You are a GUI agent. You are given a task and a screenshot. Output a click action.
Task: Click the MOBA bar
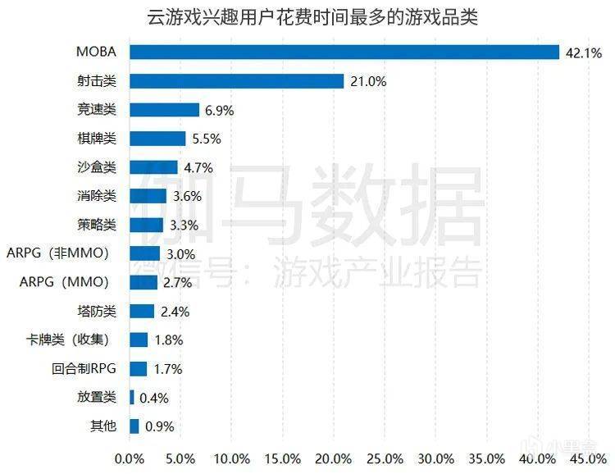pyautogui.click(x=344, y=52)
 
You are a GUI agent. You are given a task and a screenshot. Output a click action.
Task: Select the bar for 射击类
pyautogui.click(x=236, y=81)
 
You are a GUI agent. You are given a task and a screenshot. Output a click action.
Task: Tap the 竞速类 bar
pyautogui.click(x=164, y=110)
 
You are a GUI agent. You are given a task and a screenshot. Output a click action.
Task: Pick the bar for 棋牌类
pyautogui.click(x=157, y=139)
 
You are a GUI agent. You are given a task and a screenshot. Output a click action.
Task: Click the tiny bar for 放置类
pyautogui.click(x=132, y=398)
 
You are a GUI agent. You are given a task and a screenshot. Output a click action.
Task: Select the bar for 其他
pyautogui.click(x=134, y=426)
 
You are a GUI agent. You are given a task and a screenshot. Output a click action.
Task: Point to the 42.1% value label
pyautogui.click(x=584, y=53)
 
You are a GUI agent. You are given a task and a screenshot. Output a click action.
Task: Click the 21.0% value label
pyautogui.click(x=368, y=82)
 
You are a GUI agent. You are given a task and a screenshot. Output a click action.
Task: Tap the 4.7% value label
pyautogui.click(x=198, y=168)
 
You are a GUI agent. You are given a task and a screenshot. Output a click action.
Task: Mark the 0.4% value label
pyautogui.click(x=154, y=398)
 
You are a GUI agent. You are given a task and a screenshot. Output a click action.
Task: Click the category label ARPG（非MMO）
pyautogui.click(x=57, y=253)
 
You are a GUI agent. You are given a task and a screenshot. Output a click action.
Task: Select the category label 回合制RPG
pyautogui.click(x=84, y=368)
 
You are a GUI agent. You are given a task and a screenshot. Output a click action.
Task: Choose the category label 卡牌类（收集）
pyautogui.click(x=67, y=340)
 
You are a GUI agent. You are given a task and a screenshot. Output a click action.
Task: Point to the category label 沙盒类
pyautogui.click(x=97, y=167)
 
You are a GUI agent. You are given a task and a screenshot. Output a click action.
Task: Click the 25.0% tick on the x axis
pyautogui.click(x=385, y=458)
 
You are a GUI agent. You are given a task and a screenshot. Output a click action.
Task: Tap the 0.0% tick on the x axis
pyautogui.click(x=130, y=458)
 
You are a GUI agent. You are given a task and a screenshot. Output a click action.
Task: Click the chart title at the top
pyautogui.click(x=312, y=18)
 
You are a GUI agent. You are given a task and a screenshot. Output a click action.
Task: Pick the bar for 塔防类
pyautogui.click(x=142, y=311)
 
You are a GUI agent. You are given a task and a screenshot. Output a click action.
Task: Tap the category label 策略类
pyautogui.click(x=97, y=225)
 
